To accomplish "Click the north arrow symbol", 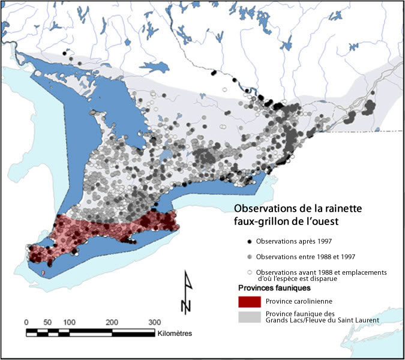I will (187, 293).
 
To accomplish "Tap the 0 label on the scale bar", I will (26, 321).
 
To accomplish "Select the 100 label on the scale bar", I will (68, 321).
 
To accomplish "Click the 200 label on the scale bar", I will (112, 321).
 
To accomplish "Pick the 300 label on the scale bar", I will (154, 321).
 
